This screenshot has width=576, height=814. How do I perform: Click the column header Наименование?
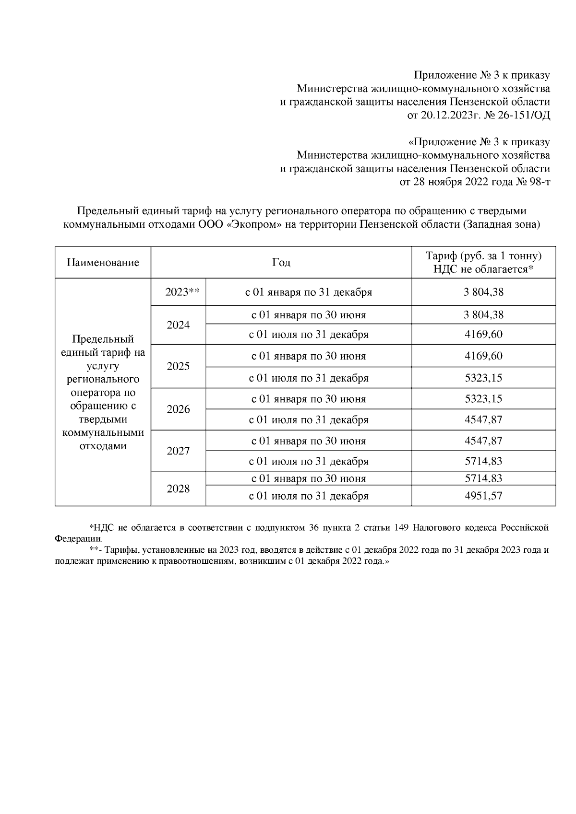click(103, 262)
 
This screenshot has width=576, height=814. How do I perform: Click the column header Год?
click(281, 262)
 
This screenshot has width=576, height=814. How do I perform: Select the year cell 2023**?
click(178, 292)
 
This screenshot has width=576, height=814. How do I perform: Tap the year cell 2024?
click(178, 325)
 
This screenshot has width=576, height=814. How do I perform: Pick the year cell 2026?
click(178, 409)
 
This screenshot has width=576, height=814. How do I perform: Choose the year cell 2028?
click(178, 489)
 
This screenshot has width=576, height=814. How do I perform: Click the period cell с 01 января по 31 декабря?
click(308, 292)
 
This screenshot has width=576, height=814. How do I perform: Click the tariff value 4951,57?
click(483, 496)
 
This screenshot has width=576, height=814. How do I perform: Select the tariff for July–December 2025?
click(483, 378)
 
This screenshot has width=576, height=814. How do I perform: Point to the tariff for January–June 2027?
click(483, 441)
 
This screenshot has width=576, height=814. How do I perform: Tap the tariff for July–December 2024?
click(483, 334)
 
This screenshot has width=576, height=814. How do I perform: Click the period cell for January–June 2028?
click(308, 478)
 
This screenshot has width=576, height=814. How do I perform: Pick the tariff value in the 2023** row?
click(483, 292)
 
